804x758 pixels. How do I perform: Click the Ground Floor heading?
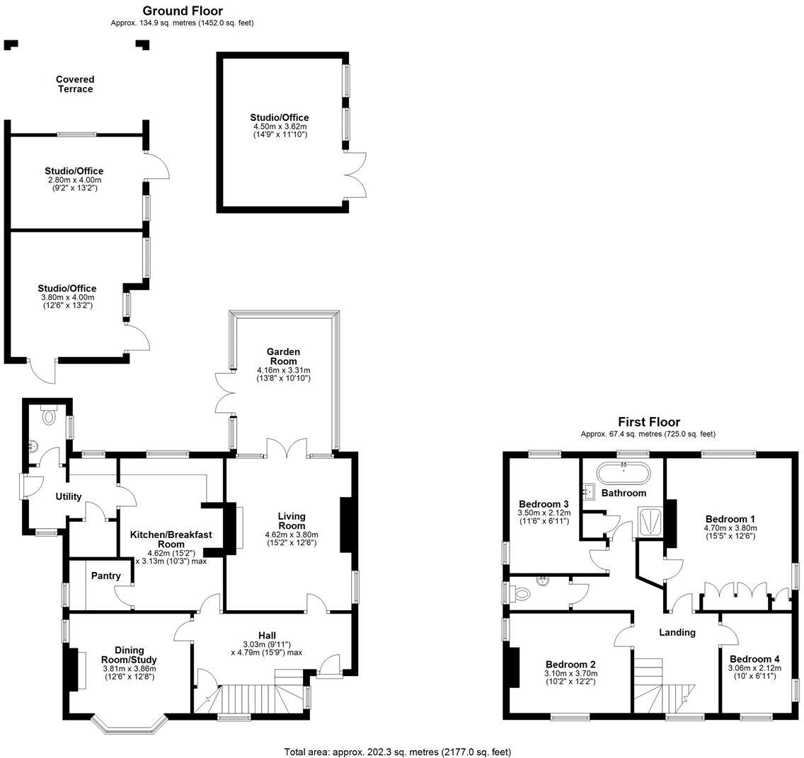coord(182,11)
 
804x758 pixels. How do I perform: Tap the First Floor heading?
coord(649,422)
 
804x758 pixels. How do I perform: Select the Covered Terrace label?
coord(75,84)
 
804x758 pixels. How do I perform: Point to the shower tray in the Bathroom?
coord(648,522)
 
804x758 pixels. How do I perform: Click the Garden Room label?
coord(283,356)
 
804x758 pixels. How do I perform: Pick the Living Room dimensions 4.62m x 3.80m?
coord(292,535)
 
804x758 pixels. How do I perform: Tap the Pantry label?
coord(105,576)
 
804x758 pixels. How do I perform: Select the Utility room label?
coord(69,496)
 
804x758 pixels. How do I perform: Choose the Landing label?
coord(677,632)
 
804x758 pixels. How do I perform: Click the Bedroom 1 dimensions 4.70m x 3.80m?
coord(730,527)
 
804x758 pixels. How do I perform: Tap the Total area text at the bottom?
coord(397,752)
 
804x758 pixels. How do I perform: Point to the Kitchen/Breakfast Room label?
coord(171,540)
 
